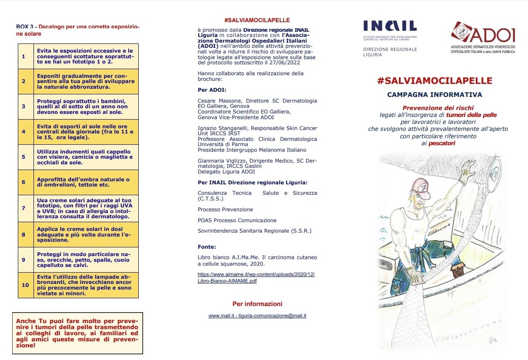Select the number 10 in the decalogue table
[26, 285]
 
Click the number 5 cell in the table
[23, 157]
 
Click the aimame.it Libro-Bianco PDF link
[256, 277]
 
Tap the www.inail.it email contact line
[257, 316]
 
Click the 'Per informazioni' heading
[257, 304]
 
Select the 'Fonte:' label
[207, 247]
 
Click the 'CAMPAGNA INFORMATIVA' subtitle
[434, 94]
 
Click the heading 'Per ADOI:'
[212, 90]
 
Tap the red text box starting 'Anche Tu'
[77, 333]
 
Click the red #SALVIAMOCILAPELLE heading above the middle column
[257, 20]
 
